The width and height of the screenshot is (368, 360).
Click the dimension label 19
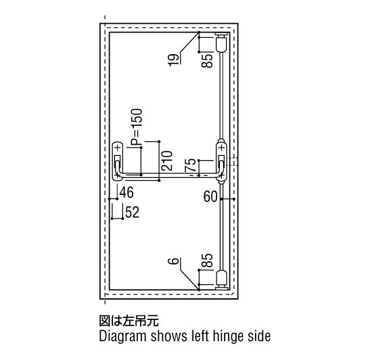coord(174,60)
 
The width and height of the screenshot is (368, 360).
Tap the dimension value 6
coord(174,261)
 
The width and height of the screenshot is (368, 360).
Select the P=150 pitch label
coord(137,127)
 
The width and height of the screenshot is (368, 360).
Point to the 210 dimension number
coord(167,160)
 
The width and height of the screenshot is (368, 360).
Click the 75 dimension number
coord(190,165)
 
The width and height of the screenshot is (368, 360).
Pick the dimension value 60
coord(210,196)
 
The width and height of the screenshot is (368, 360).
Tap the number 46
coord(127,193)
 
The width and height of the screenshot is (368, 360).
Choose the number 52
coord(132,212)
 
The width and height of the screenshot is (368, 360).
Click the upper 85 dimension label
coord(207,61)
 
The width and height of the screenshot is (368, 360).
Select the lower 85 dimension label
coord(207,261)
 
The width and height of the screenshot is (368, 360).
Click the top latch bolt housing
coord(221,43)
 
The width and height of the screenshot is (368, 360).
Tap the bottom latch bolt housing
coord(221,279)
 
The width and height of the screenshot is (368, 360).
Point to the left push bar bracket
coord(117,161)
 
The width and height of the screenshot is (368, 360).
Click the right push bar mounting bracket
coord(221,162)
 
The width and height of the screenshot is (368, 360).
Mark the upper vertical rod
coord(221,96)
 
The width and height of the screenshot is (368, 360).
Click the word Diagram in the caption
coord(122,336)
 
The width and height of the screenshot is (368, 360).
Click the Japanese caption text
coord(129,321)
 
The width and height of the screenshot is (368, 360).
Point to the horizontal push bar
coord(169,175)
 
